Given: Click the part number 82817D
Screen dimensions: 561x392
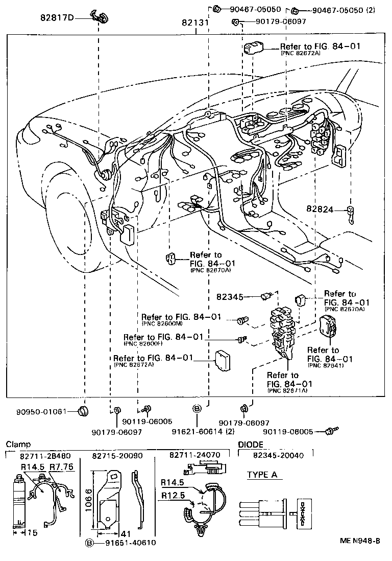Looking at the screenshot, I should (x=57, y=18).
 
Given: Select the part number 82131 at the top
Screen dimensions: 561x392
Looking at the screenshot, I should (x=194, y=23).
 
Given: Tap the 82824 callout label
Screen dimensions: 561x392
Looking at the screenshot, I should (x=320, y=209).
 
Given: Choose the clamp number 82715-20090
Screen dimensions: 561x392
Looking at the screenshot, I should (x=117, y=455).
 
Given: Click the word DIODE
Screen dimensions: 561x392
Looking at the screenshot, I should (x=251, y=445).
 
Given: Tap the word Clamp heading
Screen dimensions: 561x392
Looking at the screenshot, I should (x=18, y=445).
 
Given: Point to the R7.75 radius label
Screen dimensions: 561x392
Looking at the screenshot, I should (x=62, y=466).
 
